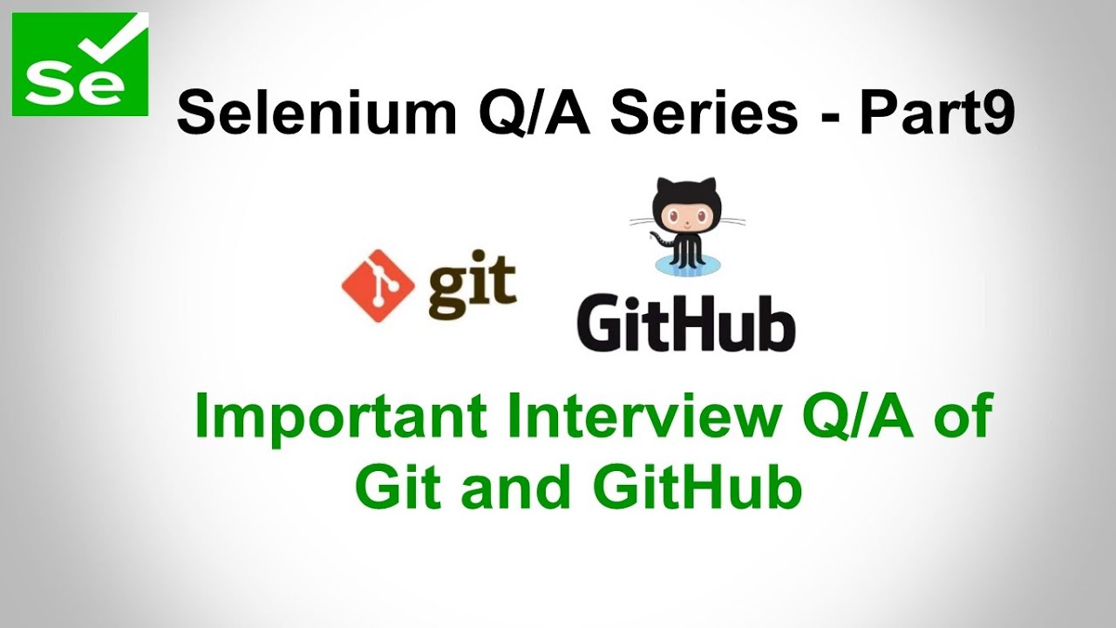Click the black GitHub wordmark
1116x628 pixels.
click(x=685, y=324)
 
